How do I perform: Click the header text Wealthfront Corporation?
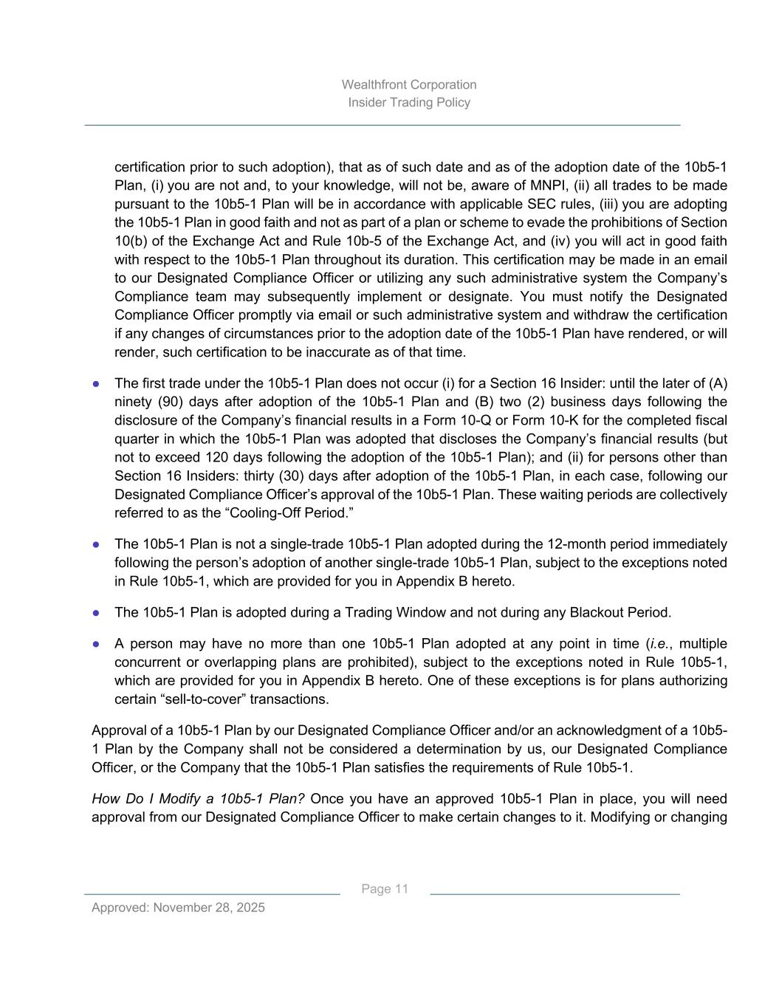coord(409,85)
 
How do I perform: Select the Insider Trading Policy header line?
coord(409,103)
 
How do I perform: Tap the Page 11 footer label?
coord(385,889)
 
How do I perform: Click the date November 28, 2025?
coord(209,908)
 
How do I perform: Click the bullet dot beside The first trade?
coord(96,384)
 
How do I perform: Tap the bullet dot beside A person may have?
coord(96,644)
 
